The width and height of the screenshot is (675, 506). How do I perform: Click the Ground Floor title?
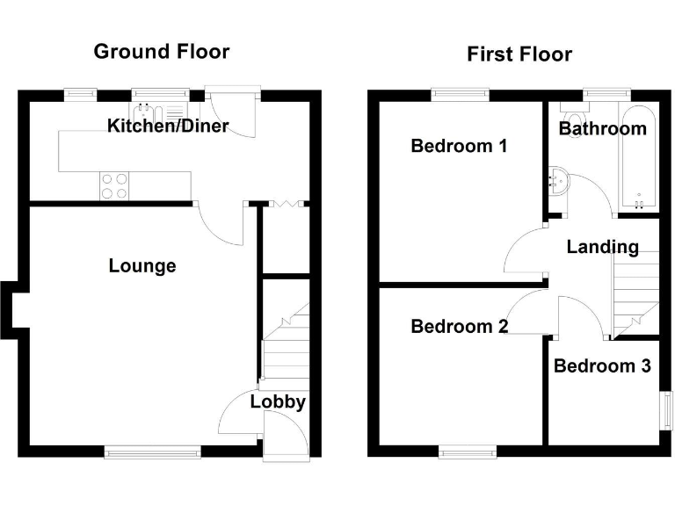pyautogui.click(x=161, y=51)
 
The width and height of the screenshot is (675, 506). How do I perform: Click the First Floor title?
pyautogui.click(x=519, y=54)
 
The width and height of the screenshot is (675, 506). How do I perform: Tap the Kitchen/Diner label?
pyautogui.click(x=168, y=126)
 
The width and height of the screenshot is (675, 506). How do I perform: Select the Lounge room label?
pyautogui.click(x=142, y=265)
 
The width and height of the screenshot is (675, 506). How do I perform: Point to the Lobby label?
pyautogui.click(x=278, y=401)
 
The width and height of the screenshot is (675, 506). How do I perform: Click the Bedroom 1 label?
pyautogui.click(x=459, y=146)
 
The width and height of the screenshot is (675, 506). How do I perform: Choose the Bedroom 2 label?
pyautogui.click(x=459, y=327)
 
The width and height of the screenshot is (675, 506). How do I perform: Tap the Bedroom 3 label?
pyautogui.click(x=602, y=365)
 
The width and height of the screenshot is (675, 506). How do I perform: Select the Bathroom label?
pyautogui.click(x=603, y=128)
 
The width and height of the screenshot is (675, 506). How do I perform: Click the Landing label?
pyautogui.click(x=602, y=247)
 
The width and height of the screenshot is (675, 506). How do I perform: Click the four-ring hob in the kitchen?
pyautogui.click(x=114, y=185)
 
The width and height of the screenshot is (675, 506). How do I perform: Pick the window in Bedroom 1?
pyautogui.click(x=460, y=92)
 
